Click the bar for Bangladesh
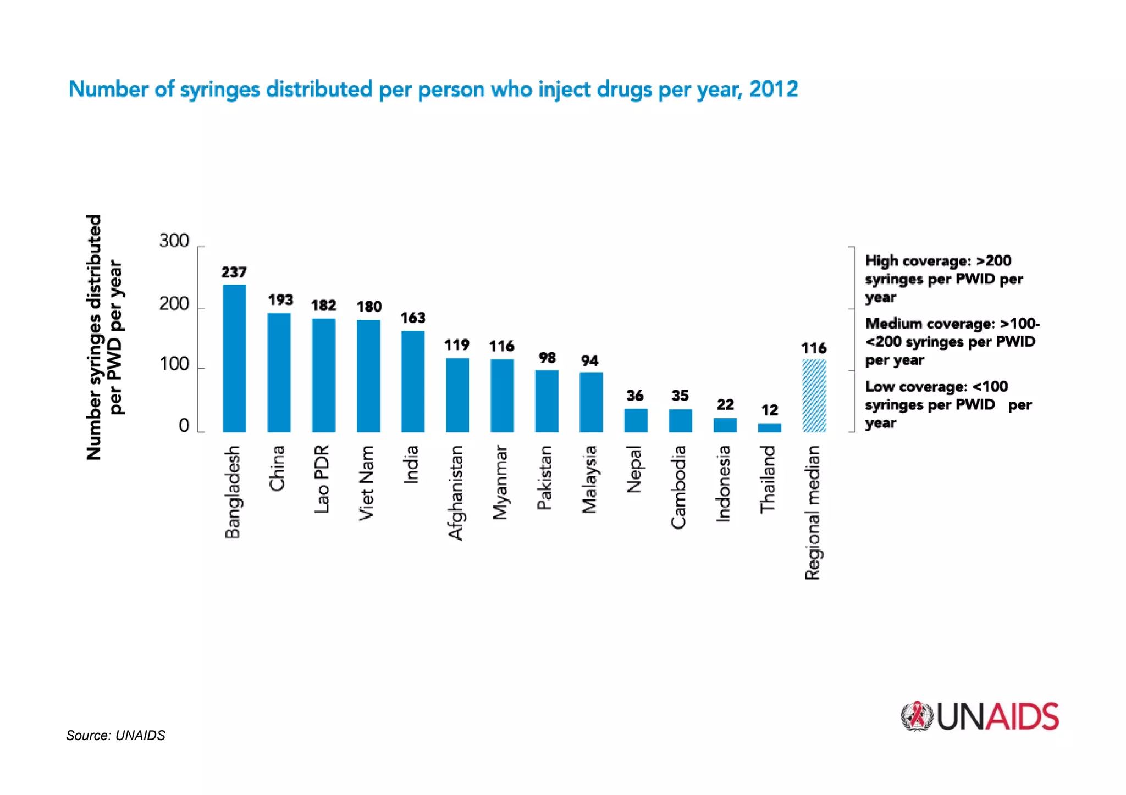[234, 358]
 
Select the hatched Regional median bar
[814, 396]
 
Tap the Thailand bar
[769, 427]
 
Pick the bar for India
[412, 381]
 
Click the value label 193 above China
[280, 300]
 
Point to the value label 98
[547, 358]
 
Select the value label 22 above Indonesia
[725, 405]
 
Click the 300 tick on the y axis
[174, 241]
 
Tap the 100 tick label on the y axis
[174, 364]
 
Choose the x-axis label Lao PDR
[322, 479]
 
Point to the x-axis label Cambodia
[679, 487]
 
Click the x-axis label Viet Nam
[367, 482]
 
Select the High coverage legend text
[943, 279]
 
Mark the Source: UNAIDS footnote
[115, 735]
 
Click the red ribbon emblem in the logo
[916, 716]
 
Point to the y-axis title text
[104, 337]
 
